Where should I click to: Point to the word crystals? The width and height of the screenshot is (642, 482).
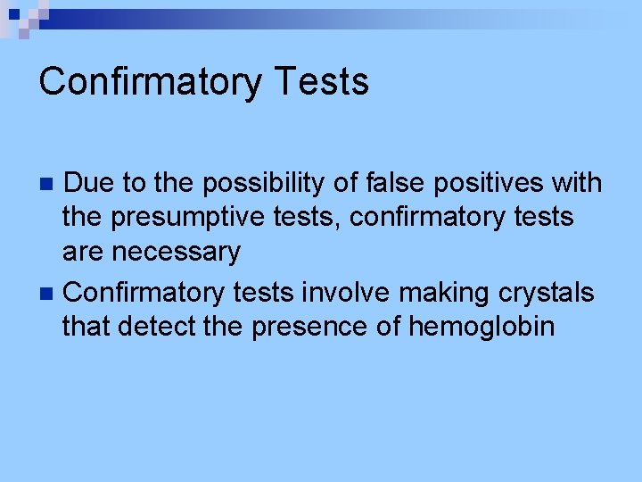tap(553, 292)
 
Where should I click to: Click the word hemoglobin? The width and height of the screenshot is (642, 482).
tap(481, 327)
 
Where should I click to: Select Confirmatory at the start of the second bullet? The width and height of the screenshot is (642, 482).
tap(146, 292)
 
